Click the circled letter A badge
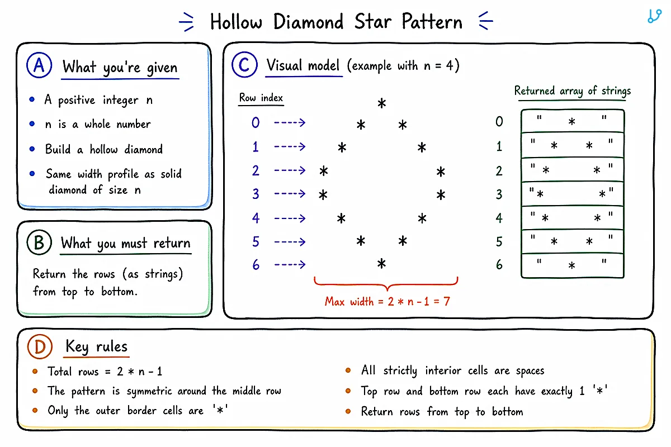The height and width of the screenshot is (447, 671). [x=39, y=65]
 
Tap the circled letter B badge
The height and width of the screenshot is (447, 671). [x=39, y=242]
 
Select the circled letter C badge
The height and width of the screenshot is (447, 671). [x=244, y=65]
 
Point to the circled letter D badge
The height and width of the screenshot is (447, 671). [x=40, y=346]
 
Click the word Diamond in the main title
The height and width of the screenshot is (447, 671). [x=309, y=22]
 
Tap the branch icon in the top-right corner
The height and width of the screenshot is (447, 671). [x=655, y=16]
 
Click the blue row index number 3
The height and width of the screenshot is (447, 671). [x=256, y=194]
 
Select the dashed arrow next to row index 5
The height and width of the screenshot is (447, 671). [x=290, y=241]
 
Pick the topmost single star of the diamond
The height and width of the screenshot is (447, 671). [x=381, y=103]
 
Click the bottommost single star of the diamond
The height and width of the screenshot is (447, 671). [x=381, y=264]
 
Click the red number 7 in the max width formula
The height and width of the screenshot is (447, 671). [x=447, y=301]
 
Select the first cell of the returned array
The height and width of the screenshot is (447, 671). [x=573, y=121]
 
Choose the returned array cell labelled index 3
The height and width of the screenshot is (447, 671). [x=573, y=194]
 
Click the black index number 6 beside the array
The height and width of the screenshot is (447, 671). [x=499, y=265]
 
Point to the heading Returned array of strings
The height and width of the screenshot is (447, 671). [x=573, y=91]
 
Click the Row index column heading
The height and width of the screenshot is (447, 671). [x=261, y=98]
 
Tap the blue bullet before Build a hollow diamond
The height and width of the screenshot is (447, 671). [x=32, y=149]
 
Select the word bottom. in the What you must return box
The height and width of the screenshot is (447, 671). [x=119, y=291]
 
